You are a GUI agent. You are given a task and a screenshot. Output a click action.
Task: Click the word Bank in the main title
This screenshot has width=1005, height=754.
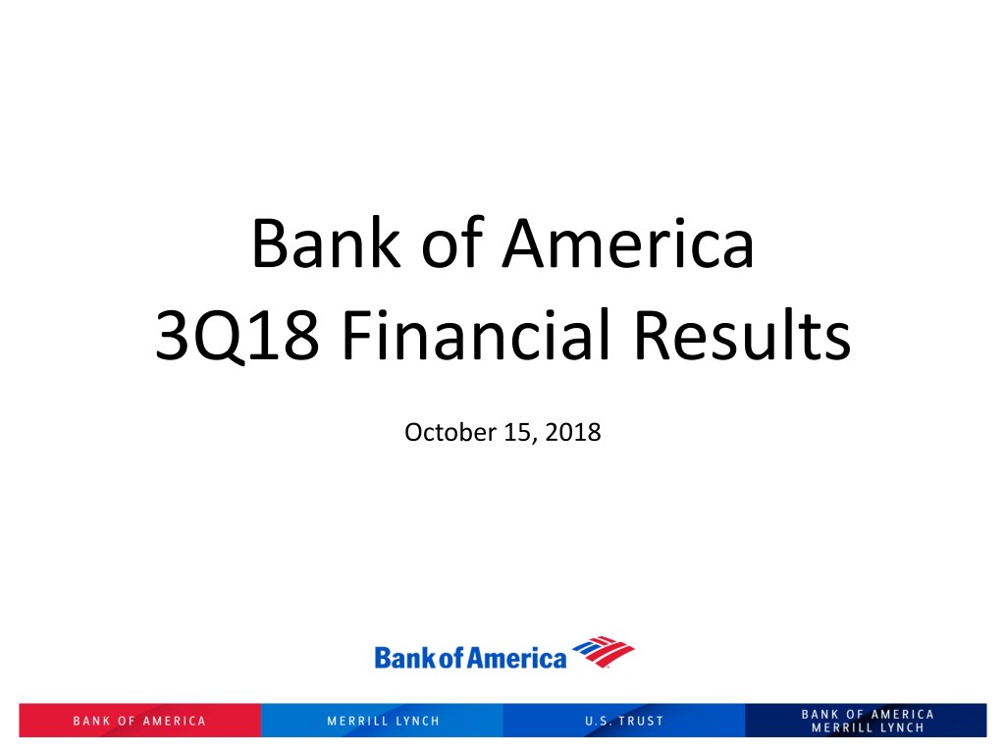(x=326, y=243)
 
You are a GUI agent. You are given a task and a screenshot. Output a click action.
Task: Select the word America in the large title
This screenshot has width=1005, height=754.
(x=628, y=243)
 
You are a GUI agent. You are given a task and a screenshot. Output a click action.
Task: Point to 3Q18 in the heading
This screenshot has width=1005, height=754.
(x=237, y=336)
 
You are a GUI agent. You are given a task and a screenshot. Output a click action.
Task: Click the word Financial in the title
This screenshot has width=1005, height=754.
(x=476, y=334)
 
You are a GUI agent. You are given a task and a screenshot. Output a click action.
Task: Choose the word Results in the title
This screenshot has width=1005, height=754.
(x=743, y=335)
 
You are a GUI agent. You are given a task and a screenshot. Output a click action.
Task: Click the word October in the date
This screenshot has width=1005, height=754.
(x=450, y=432)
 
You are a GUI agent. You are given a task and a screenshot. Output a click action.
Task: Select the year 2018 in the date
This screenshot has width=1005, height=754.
(x=573, y=432)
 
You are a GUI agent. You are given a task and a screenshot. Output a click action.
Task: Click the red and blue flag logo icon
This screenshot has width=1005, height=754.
(x=604, y=652)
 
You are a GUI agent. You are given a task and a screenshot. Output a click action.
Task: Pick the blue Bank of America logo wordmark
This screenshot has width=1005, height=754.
(x=470, y=658)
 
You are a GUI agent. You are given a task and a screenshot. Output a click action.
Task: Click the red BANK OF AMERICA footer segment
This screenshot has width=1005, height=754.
(x=139, y=721)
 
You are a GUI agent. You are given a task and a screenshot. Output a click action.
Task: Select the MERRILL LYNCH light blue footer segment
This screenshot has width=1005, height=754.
(x=382, y=721)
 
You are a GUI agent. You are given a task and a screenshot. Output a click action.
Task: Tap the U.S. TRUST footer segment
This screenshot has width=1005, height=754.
(x=624, y=721)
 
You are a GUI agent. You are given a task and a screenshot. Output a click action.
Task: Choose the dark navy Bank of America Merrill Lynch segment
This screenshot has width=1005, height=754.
(x=866, y=721)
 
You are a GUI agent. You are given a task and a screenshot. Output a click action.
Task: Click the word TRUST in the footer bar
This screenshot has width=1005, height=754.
(x=641, y=722)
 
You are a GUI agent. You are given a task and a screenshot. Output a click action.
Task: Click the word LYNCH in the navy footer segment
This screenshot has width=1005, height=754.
(x=902, y=727)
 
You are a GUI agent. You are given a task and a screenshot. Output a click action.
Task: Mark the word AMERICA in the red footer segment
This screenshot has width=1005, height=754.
(x=174, y=722)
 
